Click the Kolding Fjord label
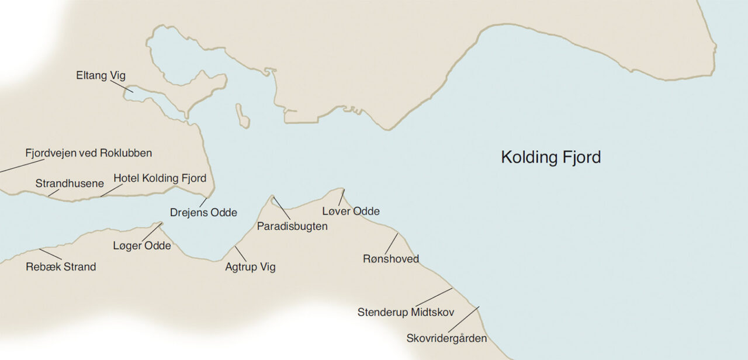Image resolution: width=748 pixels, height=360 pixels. point(550,157)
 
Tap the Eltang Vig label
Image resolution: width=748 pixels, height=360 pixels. point(101,75)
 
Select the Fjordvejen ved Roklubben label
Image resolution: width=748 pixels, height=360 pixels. point(88,153)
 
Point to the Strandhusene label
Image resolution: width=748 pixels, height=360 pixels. point(70,184)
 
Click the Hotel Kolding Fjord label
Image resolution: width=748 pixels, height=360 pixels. point(160,178)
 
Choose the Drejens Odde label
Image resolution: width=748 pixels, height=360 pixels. point(203,213)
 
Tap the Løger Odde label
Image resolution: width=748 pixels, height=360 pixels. point(142,245)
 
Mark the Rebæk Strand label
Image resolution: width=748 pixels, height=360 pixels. point(61,267)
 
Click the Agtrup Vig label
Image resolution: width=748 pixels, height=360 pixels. point(250,268)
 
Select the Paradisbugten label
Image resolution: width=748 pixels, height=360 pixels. point(292,226)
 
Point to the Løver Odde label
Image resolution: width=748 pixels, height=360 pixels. point(351,211)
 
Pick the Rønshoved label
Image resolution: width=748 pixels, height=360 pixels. point(391,259)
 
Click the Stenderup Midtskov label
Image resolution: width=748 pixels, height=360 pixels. point(406,312)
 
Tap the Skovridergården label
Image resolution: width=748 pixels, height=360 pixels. point(446,338)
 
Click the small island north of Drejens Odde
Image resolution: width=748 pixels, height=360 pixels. point(243,116)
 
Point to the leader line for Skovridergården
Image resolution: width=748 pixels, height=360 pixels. point(463,320)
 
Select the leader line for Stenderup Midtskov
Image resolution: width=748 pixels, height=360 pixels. point(433,297)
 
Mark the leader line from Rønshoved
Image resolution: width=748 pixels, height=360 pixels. point(391,244)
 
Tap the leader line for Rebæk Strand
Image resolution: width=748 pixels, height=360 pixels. point(50,254)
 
